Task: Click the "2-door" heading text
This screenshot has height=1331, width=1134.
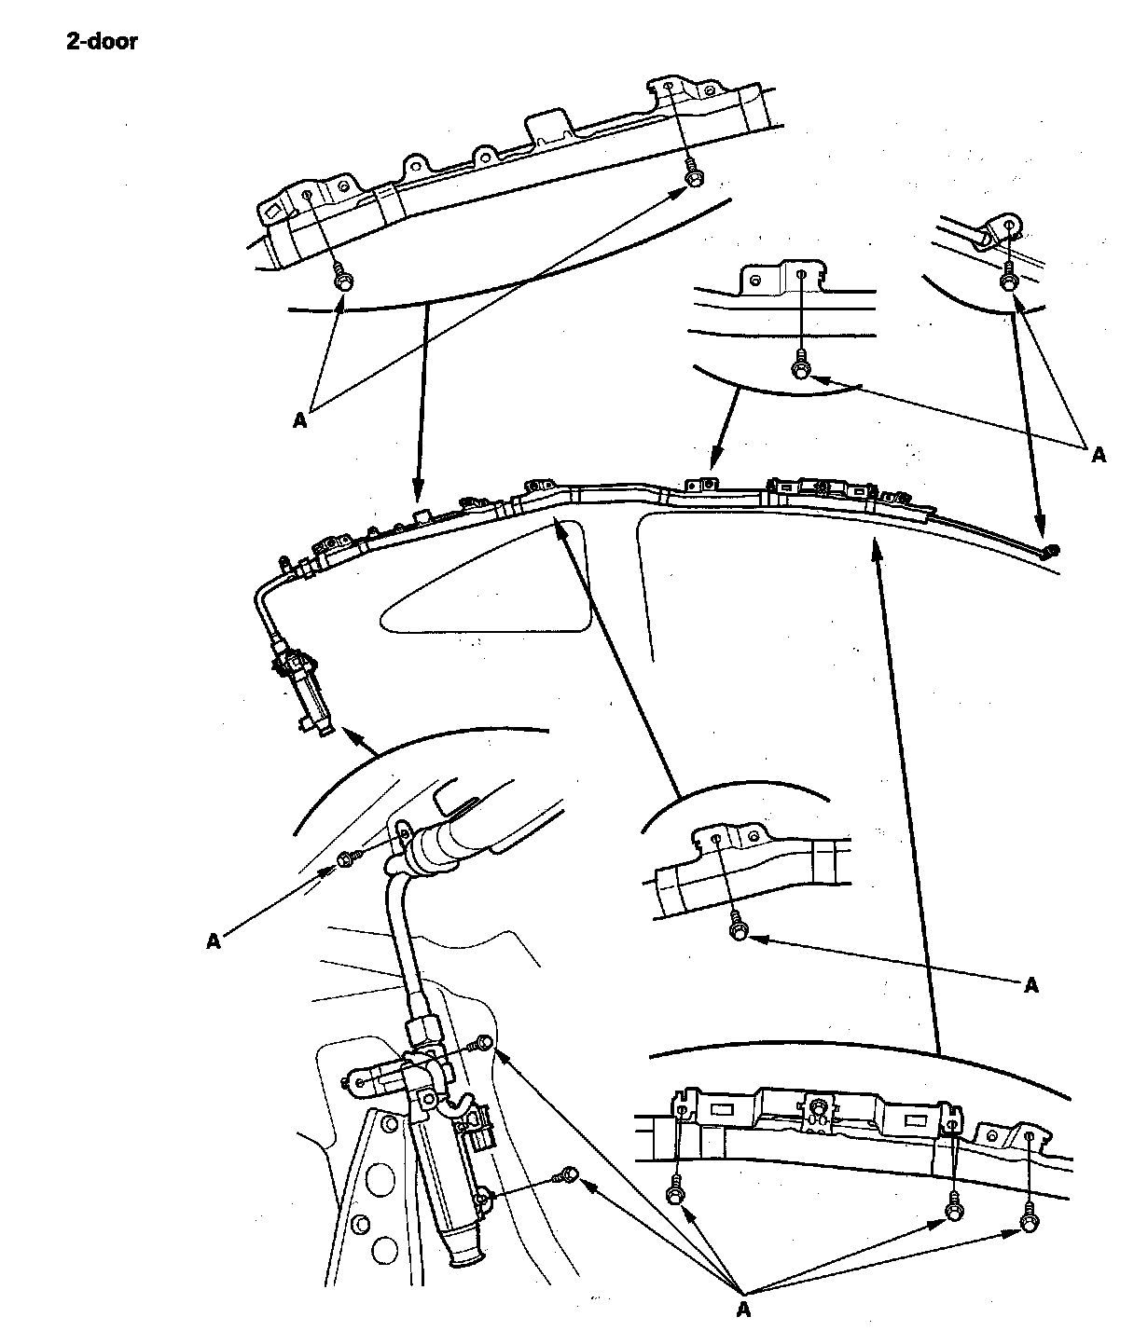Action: point(102,42)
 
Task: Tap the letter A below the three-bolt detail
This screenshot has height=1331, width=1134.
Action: point(743,1310)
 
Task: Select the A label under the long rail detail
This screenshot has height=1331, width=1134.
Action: point(299,420)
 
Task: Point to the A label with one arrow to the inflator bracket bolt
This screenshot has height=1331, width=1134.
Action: point(214,941)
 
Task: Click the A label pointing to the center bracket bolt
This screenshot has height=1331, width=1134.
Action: point(1030,985)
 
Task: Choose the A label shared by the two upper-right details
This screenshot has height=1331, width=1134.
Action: point(1098,455)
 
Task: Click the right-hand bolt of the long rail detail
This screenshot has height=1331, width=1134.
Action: point(692,176)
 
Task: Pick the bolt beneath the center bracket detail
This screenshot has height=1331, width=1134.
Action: point(739,929)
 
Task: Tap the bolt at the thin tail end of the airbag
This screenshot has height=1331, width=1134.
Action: point(1051,550)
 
